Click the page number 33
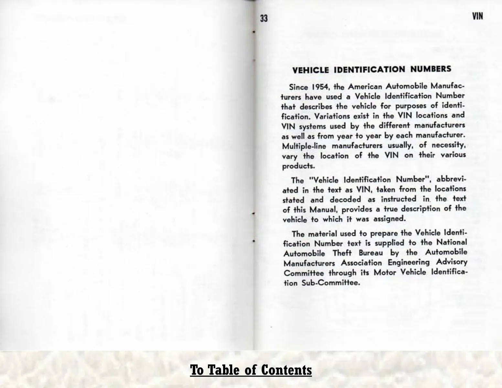point(264,18)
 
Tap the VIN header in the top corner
point(477,16)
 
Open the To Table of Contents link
point(251,370)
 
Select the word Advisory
point(451,262)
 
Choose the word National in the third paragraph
point(452,242)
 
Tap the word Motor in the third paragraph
point(385,273)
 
